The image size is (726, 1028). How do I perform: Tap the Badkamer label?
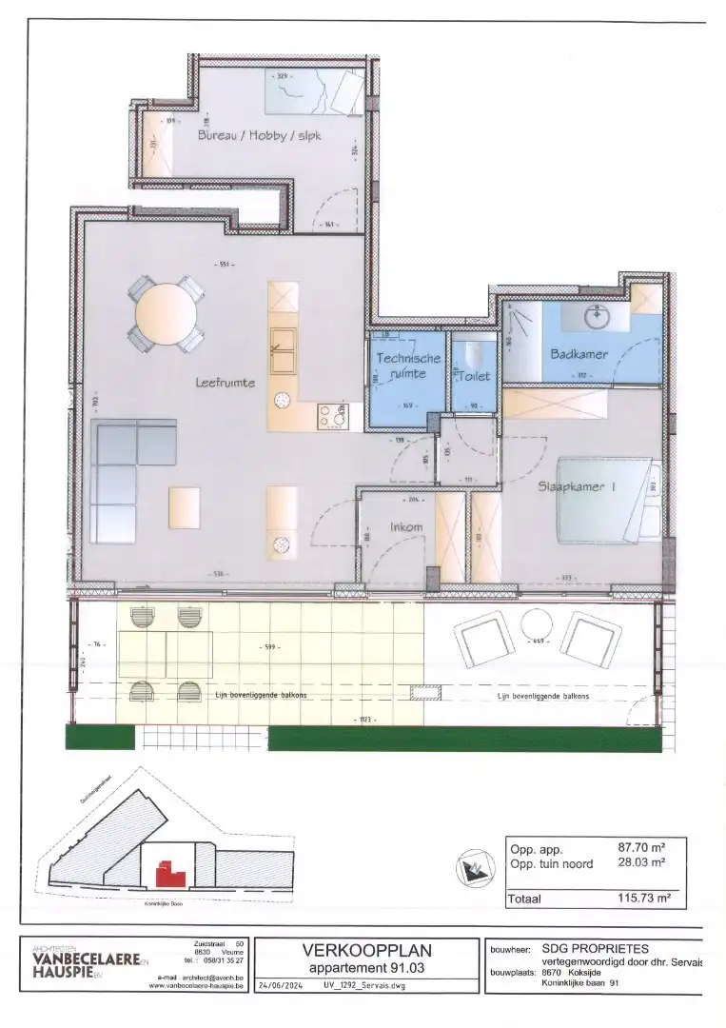tap(579, 354)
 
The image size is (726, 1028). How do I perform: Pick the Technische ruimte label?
tap(408, 366)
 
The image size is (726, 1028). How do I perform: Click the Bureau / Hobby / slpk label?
tap(260, 136)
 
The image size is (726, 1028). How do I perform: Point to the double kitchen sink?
tap(284, 351)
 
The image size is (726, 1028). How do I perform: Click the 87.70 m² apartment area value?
tap(641, 847)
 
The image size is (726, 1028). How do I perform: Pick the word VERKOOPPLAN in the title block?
tap(366, 949)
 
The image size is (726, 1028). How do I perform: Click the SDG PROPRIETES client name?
tap(596, 948)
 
